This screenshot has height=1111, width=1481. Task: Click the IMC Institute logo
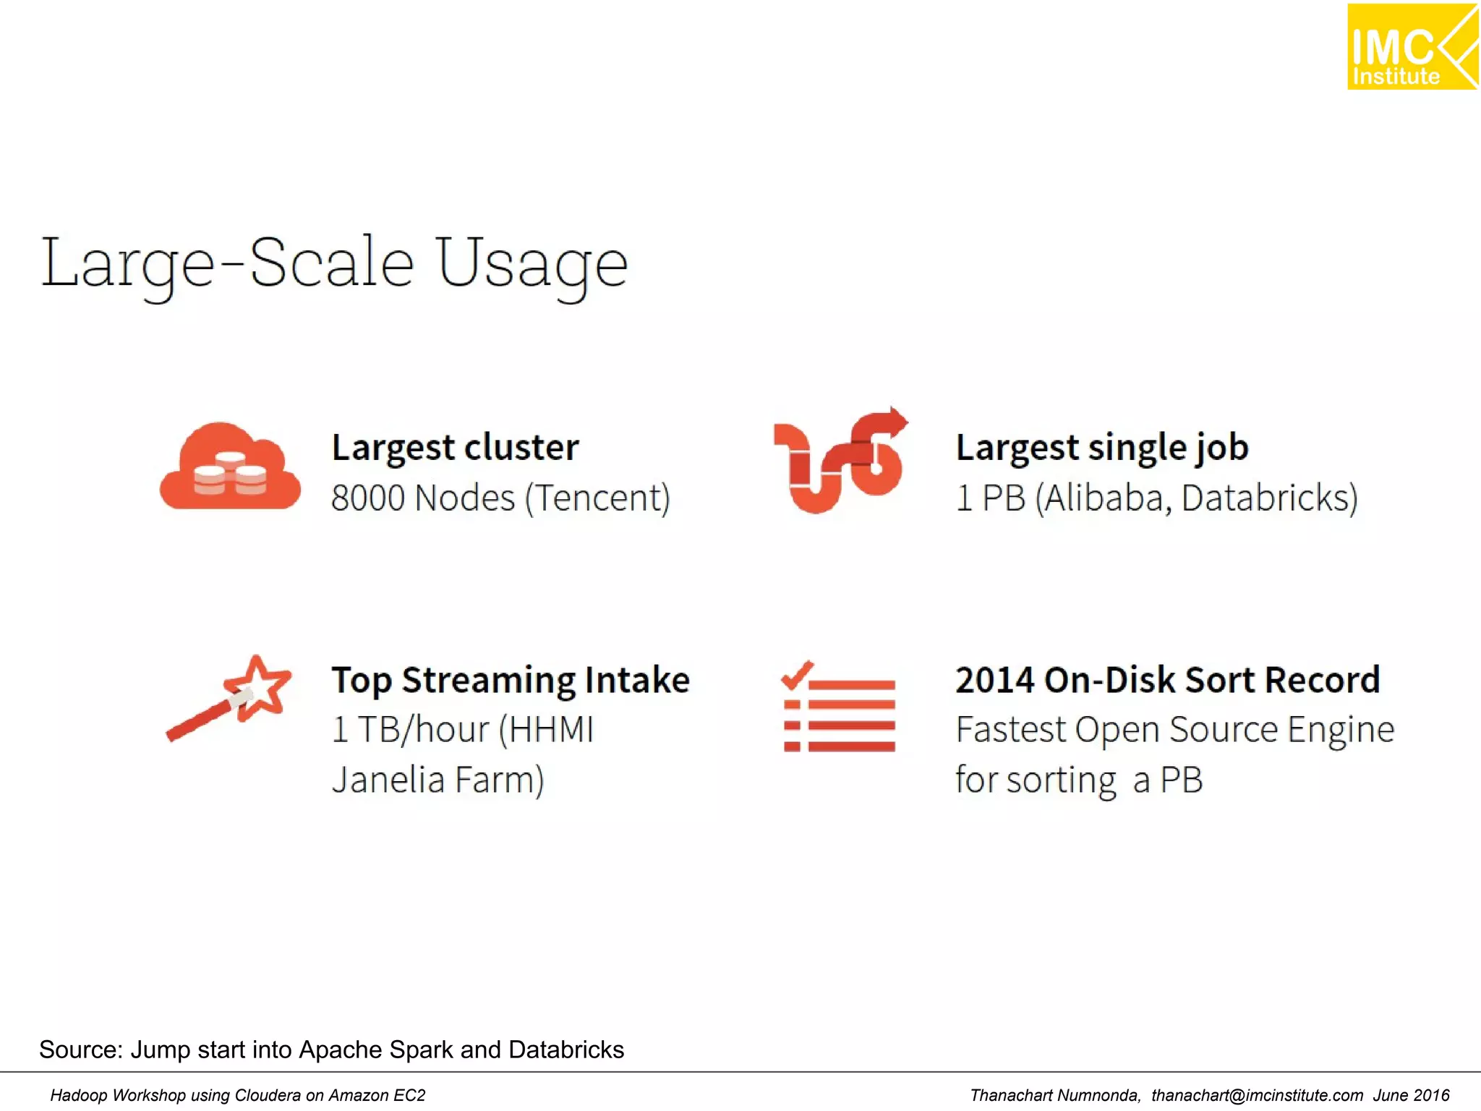[1412, 47]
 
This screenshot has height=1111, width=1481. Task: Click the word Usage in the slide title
[532, 265]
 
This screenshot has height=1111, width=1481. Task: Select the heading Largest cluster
[455, 448]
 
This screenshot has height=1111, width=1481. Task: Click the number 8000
[367, 498]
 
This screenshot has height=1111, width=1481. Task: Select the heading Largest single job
[1101, 448]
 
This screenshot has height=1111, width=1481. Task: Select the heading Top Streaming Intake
[511, 681]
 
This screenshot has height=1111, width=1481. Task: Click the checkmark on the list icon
[797, 676]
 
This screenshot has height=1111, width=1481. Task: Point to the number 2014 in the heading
[994, 681]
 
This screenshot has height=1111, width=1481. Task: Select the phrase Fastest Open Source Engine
[1174, 730]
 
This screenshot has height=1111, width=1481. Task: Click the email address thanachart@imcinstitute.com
[1257, 1096]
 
